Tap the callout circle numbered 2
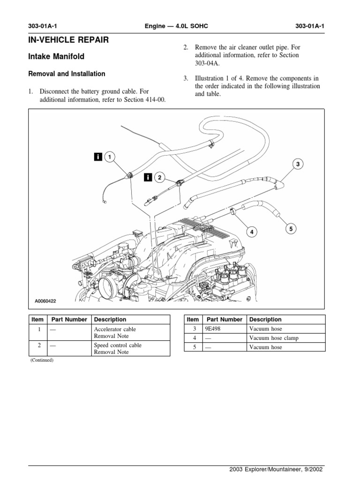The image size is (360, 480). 159,177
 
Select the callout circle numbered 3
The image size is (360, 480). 298,164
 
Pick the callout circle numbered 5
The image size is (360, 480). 291,229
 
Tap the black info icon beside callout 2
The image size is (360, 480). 148,177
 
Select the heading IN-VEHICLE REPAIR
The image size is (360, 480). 69,40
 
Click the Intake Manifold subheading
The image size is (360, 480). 57,57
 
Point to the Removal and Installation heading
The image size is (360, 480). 67,74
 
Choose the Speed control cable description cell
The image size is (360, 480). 118,348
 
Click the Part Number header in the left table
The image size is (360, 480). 69,319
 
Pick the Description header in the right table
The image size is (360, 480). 266,319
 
